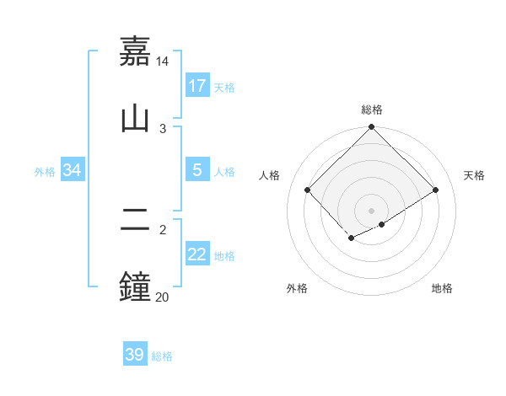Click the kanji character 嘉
[x=135, y=51]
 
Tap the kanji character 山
[x=135, y=117]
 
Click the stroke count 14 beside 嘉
[x=163, y=62]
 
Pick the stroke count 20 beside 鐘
[x=163, y=297]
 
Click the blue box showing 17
[x=196, y=85]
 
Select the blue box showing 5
[x=196, y=170]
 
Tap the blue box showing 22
[x=196, y=254]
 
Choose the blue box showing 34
[x=72, y=170]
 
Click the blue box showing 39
[x=134, y=355]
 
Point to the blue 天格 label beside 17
[x=224, y=87]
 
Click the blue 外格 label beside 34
[x=45, y=172]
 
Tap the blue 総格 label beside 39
[x=162, y=356]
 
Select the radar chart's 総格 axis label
[x=372, y=110]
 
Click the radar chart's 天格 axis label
[x=475, y=175]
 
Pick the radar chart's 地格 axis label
[x=442, y=288]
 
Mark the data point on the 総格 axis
[x=372, y=129]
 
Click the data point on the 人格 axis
[x=308, y=190]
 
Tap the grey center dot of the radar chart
[x=372, y=210]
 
